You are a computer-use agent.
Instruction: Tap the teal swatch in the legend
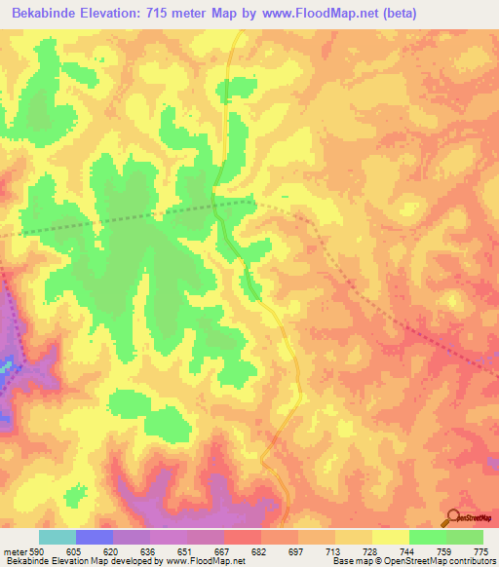click(x=57, y=537)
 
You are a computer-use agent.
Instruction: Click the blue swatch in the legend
click(x=95, y=537)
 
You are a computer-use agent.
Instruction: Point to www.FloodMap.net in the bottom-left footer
click(x=206, y=561)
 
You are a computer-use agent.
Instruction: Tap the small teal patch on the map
click(x=6, y=365)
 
